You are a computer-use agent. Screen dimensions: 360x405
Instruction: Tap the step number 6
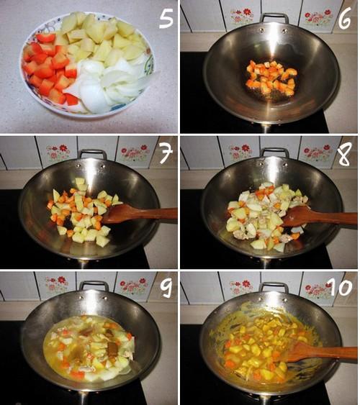click(345, 18)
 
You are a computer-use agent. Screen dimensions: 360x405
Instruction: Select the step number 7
click(166, 153)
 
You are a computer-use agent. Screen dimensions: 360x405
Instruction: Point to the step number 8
click(344, 154)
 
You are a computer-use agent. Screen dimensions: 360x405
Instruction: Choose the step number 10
click(341, 287)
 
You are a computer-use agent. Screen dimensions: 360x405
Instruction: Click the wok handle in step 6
click(274, 17)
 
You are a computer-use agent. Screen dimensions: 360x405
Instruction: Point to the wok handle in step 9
click(94, 285)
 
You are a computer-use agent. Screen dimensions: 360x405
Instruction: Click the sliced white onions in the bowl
click(109, 83)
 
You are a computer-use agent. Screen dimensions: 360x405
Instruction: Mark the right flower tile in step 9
click(135, 286)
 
